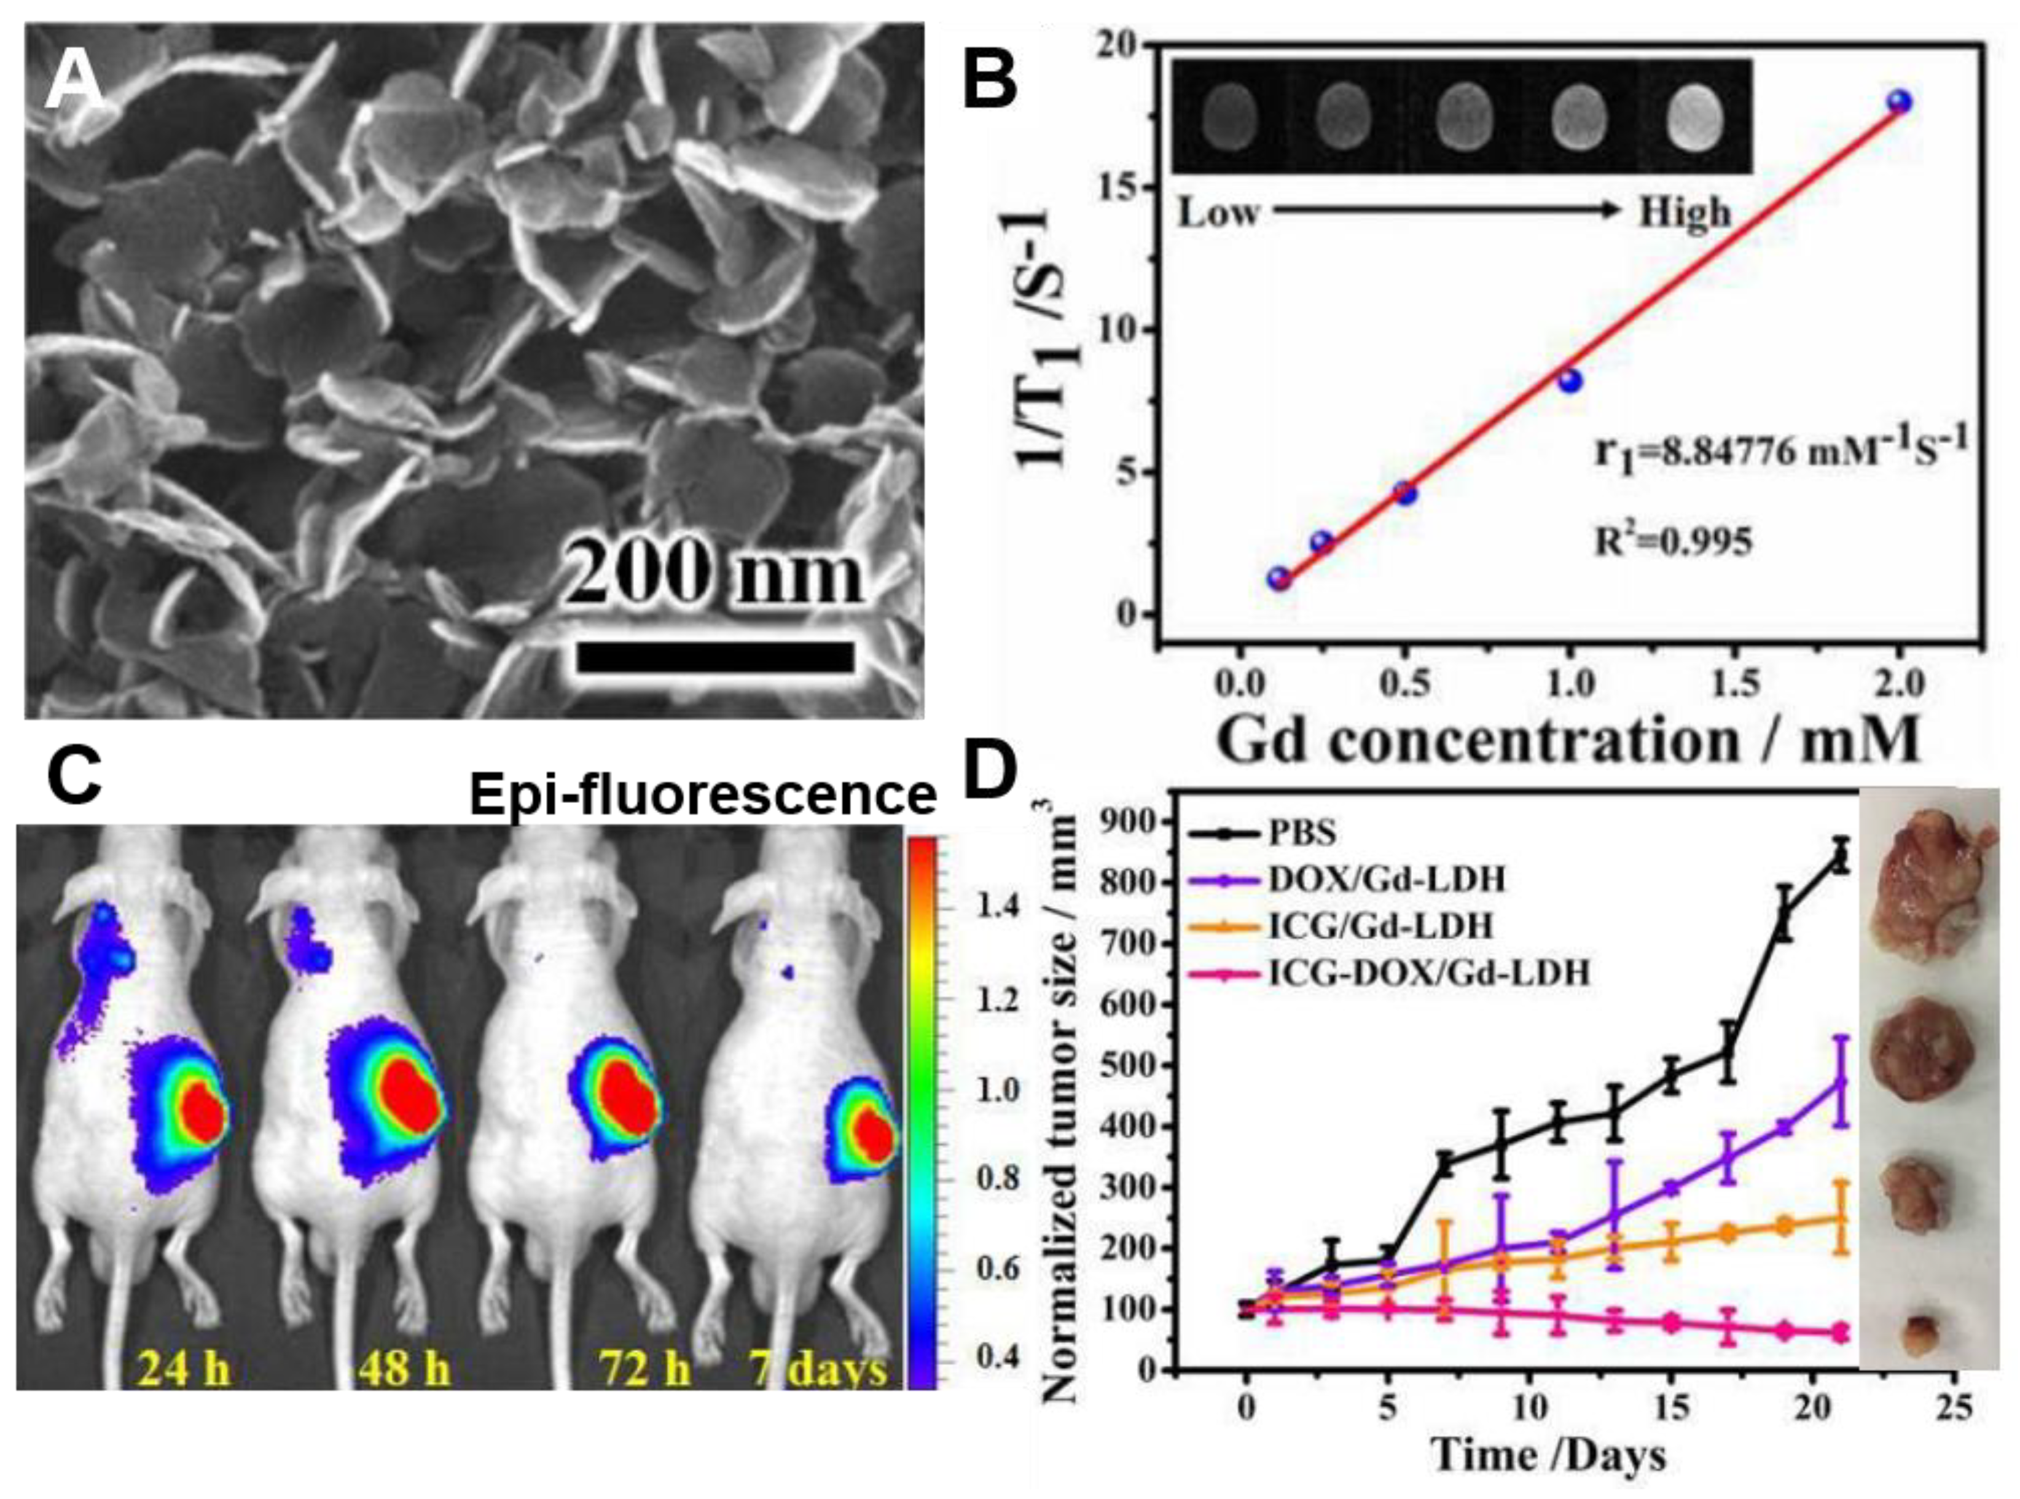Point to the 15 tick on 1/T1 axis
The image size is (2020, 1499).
[1122, 187]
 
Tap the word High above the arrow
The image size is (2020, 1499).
[1684, 214]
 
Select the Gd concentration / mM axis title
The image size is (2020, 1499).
[1568, 740]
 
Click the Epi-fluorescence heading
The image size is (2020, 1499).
[702, 796]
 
